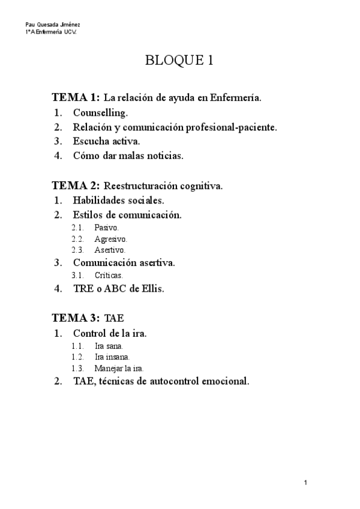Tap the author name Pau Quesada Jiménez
[x=53, y=25]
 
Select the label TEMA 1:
[x=76, y=97]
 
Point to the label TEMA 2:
[x=76, y=186]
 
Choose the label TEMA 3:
[x=76, y=318]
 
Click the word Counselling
[x=100, y=112]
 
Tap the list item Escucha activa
[x=106, y=142]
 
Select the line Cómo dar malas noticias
[x=128, y=156]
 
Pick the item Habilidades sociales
[x=118, y=200]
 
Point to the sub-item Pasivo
[x=107, y=228]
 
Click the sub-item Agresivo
[x=110, y=239]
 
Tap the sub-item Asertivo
[x=110, y=250]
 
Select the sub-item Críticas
[x=109, y=276]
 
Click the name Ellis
[x=151, y=288]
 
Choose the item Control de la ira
[x=110, y=333]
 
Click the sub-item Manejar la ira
[x=119, y=368]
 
